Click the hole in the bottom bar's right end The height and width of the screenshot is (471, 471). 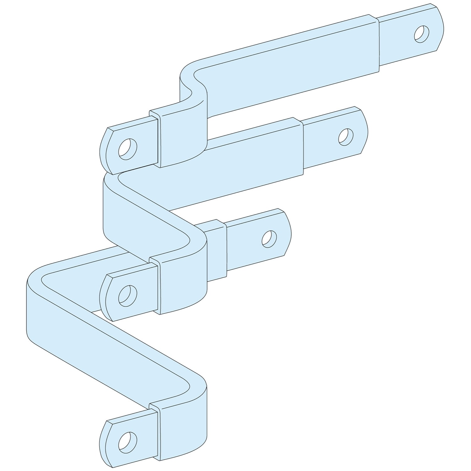[269, 238]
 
